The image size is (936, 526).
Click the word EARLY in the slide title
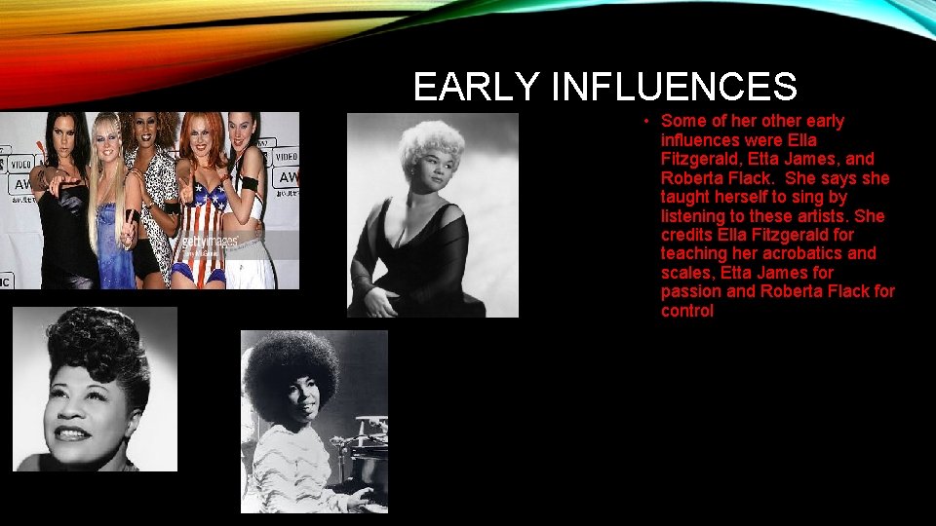coord(477,88)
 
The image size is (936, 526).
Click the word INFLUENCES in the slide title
coord(674,88)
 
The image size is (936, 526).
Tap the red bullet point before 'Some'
coord(646,121)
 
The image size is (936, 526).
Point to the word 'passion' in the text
coord(689,291)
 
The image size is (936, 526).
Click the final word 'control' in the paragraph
coord(687,311)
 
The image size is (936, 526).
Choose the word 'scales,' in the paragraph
coord(688,273)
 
